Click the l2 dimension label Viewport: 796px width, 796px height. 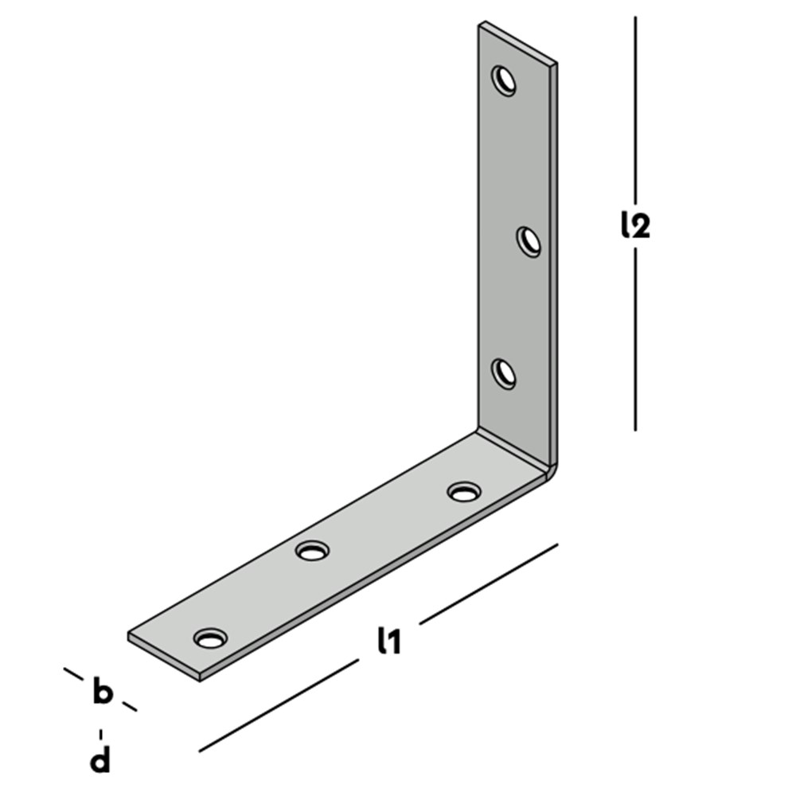click(x=635, y=224)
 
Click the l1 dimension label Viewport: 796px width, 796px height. click(x=389, y=640)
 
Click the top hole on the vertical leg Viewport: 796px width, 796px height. click(x=504, y=80)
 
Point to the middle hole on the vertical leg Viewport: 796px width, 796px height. click(x=529, y=242)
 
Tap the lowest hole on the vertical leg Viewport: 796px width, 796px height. click(x=504, y=373)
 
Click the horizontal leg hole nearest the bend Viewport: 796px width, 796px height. click(x=464, y=491)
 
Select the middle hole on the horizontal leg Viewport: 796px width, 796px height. click(x=312, y=550)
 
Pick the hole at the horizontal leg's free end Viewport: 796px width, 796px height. click(x=210, y=638)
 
